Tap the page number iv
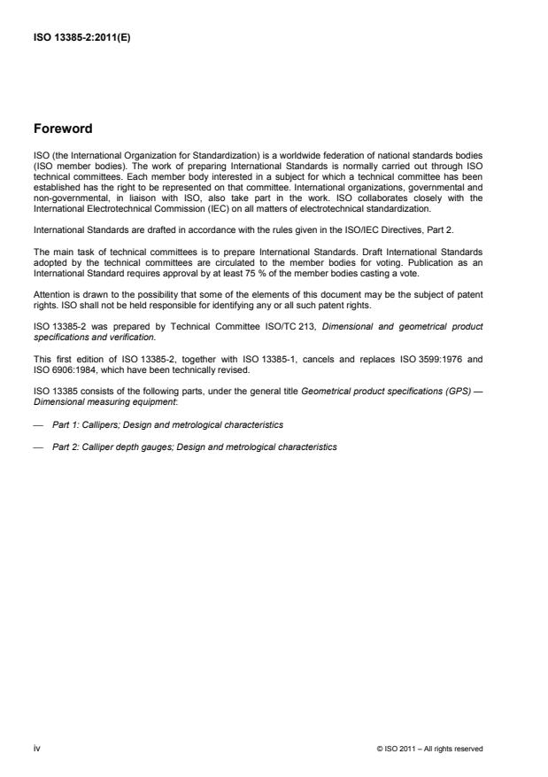point(37,748)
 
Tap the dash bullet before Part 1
point(38,425)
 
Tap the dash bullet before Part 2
point(38,447)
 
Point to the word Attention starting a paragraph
point(50,292)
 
